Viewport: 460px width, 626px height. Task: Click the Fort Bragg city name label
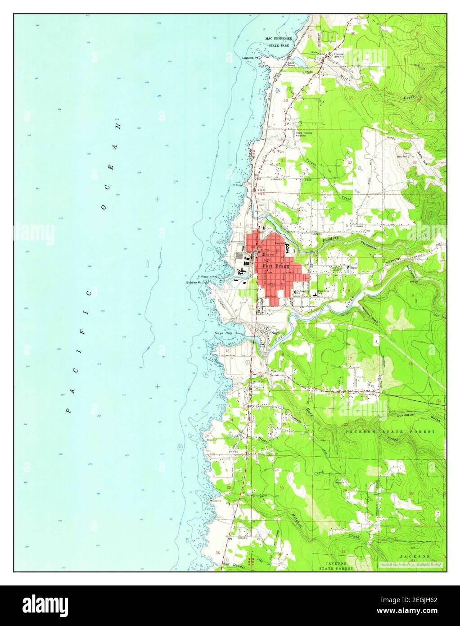[x=274, y=266]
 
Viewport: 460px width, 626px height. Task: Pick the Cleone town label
[x=339, y=54]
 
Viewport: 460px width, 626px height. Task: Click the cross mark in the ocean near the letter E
[x=158, y=199]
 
